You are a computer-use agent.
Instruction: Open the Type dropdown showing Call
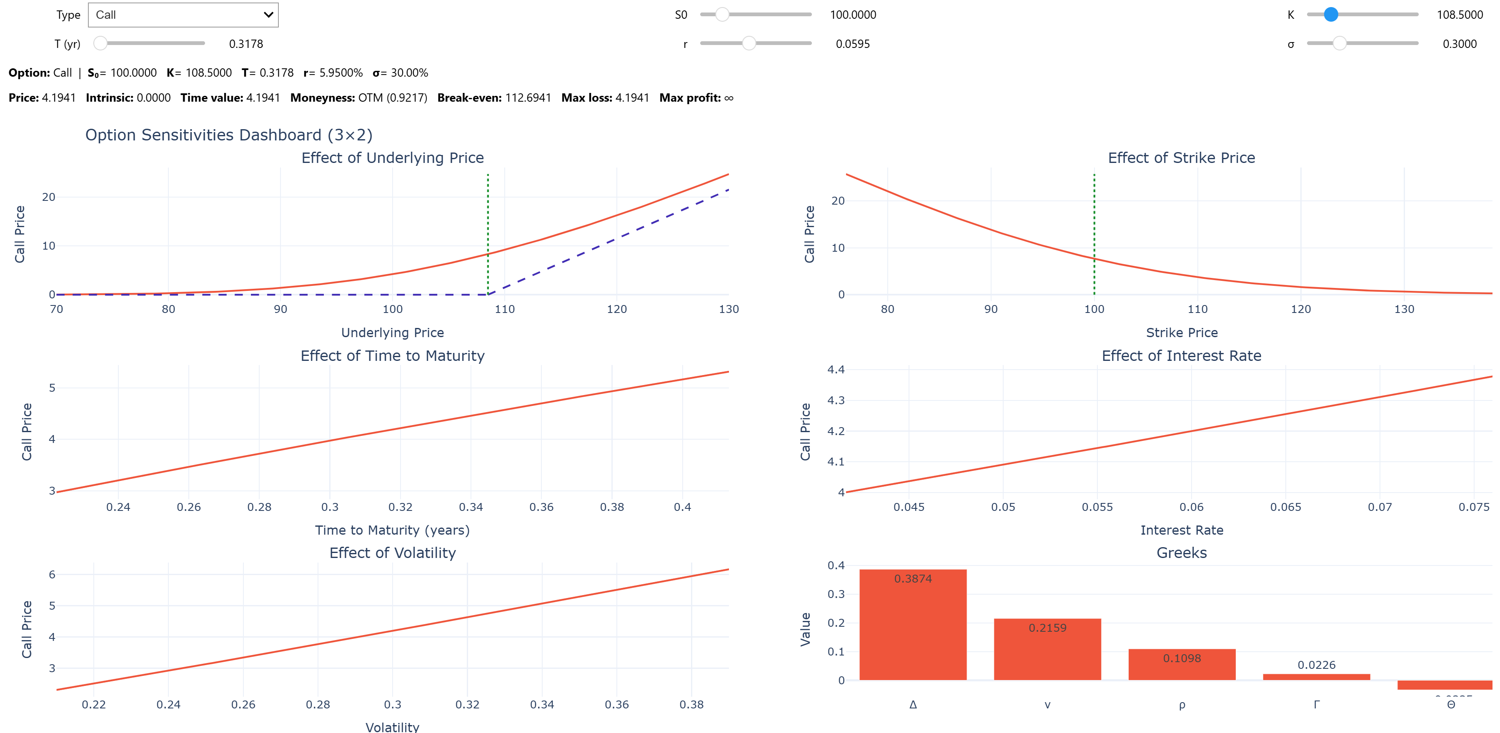coord(183,15)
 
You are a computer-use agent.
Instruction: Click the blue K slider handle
coord(1330,15)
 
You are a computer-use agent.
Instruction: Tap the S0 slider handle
coord(722,15)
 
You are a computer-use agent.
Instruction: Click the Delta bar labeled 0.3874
coord(912,629)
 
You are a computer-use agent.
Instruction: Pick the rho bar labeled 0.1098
coord(1182,667)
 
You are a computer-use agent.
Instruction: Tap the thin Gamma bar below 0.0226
coord(1316,676)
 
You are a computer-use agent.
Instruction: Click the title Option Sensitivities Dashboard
coord(228,135)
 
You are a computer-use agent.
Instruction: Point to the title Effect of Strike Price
coord(1181,158)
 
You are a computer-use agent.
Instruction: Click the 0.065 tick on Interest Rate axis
coord(1285,507)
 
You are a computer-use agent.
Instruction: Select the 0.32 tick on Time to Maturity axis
coord(400,507)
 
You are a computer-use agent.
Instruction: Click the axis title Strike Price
coord(1182,333)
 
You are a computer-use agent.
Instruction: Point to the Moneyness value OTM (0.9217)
coord(393,98)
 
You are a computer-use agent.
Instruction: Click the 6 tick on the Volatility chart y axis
coord(52,575)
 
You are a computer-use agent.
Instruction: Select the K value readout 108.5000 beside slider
coord(1459,15)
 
